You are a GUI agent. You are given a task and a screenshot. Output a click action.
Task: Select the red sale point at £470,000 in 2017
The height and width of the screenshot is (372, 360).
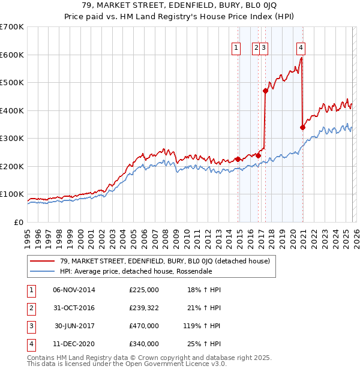coord(265,91)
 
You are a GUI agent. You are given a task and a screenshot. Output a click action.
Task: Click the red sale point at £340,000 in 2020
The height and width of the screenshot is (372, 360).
coord(302,127)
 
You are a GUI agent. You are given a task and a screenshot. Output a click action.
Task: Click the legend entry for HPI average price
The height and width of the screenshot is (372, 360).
coord(136,271)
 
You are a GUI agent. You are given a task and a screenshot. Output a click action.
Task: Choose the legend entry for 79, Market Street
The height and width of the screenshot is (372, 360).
coord(165,261)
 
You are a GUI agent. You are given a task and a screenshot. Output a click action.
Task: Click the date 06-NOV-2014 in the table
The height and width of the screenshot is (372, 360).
coord(74,290)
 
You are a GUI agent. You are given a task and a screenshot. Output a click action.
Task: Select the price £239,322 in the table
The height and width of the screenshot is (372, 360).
coord(144,307)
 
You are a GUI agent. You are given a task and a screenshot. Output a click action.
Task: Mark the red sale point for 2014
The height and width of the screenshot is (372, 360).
coord(238,159)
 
